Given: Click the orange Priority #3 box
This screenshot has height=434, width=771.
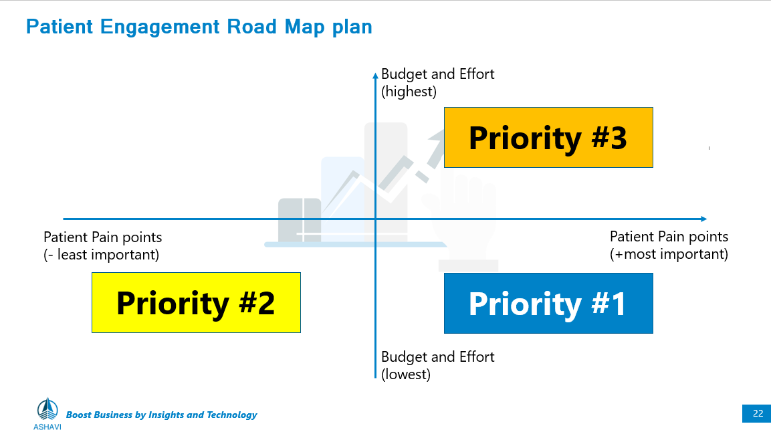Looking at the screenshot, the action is (548, 138).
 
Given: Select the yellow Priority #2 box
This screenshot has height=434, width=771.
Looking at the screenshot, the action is (196, 303).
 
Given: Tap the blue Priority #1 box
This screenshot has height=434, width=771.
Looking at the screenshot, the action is (548, 303).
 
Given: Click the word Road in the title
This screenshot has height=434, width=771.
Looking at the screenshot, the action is (251, 27).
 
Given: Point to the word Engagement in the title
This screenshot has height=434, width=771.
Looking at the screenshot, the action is (160, 27).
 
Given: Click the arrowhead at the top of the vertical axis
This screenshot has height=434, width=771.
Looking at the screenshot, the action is (375, 75).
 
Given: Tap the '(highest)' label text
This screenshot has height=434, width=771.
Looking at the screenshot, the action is (409, 92).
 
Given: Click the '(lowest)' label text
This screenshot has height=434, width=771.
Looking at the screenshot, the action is (406, 374).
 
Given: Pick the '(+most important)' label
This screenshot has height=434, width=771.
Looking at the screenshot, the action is (669, 254).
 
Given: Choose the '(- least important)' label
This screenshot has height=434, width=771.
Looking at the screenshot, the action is (101, 255).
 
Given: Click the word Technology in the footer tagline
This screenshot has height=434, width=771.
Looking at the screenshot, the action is (231, 415).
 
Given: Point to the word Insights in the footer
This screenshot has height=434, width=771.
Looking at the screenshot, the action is (167, 415).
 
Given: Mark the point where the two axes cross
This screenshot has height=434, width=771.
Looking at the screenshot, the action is (375, 219).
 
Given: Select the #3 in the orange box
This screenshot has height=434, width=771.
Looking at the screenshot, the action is (609, 138).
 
